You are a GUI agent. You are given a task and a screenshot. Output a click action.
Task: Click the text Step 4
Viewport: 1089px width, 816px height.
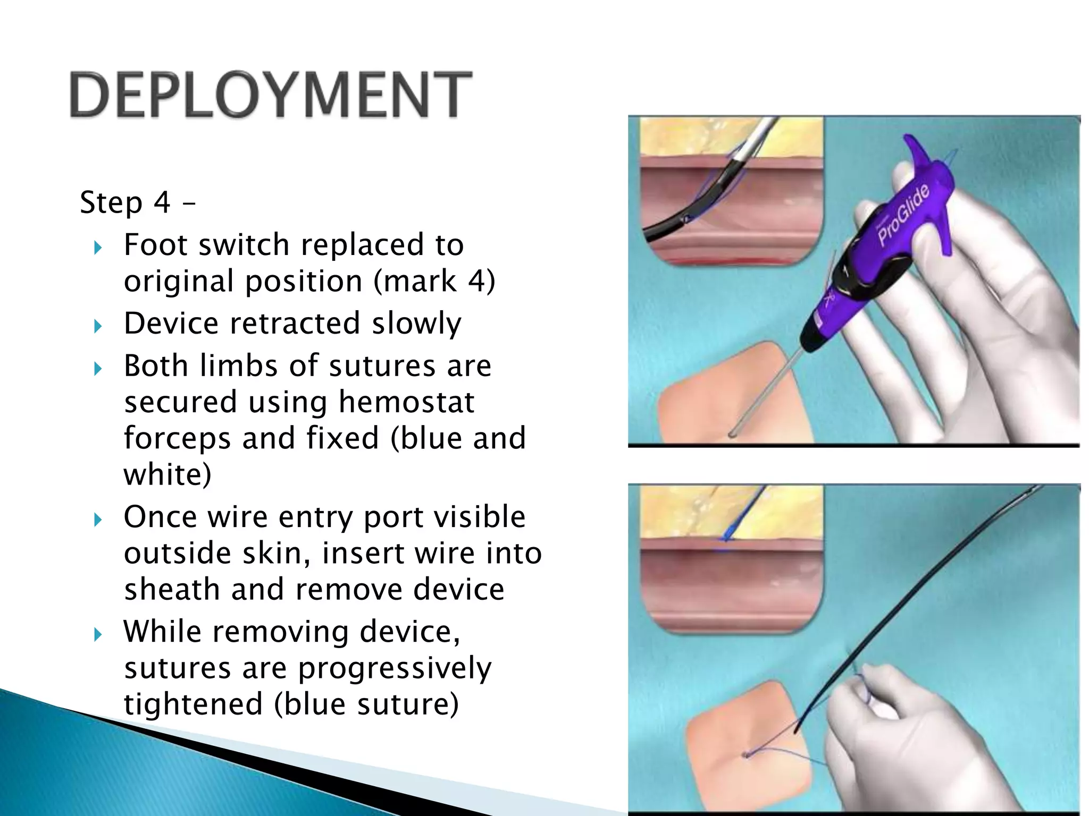125,202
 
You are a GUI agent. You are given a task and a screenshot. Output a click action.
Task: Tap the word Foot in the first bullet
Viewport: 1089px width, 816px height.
153,245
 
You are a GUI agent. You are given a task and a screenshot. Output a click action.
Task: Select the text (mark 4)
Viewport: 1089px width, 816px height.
434,281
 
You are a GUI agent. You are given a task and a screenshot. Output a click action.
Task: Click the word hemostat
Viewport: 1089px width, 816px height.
406,402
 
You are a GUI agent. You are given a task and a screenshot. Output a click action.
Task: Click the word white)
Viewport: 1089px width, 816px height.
167,474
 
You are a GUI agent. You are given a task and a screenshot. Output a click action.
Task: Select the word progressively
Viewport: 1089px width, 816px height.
395,668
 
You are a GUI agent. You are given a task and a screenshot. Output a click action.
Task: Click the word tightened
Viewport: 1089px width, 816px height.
193,704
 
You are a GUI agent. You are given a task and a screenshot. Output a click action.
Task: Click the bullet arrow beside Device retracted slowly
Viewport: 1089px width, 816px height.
97,326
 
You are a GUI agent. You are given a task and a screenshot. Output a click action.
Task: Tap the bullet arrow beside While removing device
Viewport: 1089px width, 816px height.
97,634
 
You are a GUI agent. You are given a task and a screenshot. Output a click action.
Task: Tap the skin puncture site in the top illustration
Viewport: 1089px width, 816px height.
732,434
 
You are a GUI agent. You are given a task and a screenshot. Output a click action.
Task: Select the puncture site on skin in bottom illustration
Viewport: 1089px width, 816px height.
747,754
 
